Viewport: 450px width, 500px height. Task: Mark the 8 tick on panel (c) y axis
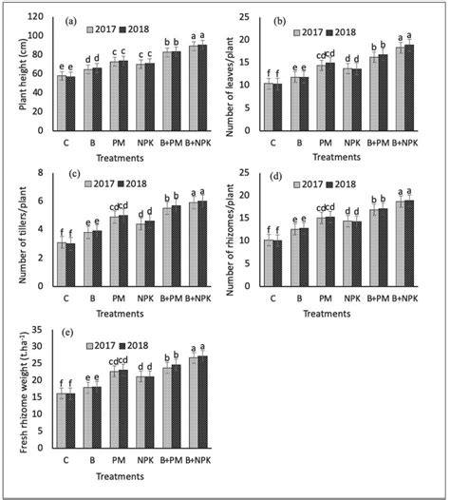(x=42, y=172)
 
